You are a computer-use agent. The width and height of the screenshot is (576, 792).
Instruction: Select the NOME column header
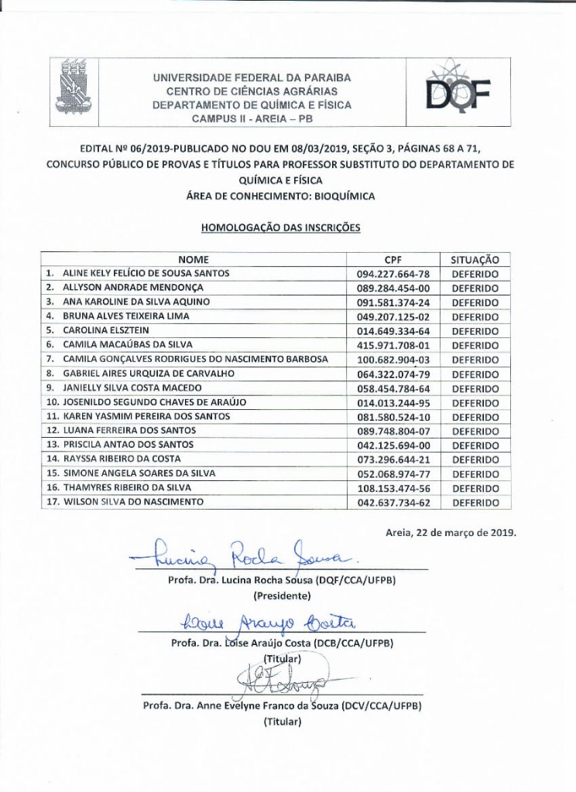194,260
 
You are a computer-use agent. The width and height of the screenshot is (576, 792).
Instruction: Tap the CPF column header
393,260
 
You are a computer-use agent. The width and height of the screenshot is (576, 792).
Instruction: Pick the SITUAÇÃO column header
475,260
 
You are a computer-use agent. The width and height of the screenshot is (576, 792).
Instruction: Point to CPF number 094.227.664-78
393,274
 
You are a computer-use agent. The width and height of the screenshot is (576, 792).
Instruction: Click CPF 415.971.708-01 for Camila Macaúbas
393,345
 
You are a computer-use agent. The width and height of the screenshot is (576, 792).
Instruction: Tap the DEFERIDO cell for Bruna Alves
475,316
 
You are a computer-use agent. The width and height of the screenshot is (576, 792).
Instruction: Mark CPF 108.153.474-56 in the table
393,488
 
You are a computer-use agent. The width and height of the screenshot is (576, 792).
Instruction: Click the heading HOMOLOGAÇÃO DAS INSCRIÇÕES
281,228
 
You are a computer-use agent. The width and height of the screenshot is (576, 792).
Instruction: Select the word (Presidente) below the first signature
282,596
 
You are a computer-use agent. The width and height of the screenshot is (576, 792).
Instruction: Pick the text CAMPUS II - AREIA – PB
252,119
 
